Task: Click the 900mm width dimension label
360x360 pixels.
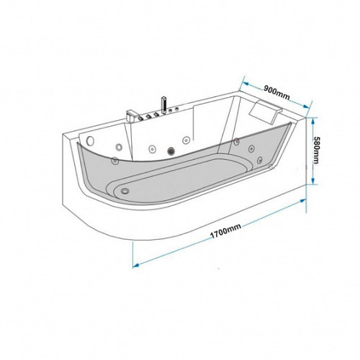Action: pyautogui.click(x=276, y=92)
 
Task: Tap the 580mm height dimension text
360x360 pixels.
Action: pyautogui.click(x=318, y=150)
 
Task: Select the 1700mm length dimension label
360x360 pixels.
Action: pyautogui.click(x=225, y=231)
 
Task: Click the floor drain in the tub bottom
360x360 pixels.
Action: pyautogui.click(x=125, y=191)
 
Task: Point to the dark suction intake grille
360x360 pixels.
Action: pyautogui.click(x=171, y=151)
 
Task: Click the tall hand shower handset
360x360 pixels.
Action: pyautogui.click(x=164, y=105)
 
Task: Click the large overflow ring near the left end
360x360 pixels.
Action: pyautogui.click(x=90, y=140)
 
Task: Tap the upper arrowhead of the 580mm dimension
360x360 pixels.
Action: pyautogui.click(x=312, y=121)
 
